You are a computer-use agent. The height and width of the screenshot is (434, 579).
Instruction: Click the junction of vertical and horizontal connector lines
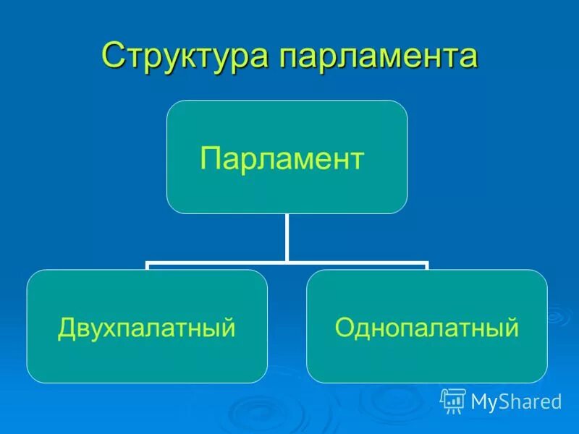coord(287,262)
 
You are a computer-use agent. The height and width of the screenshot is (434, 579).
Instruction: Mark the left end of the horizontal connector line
coord(148,264)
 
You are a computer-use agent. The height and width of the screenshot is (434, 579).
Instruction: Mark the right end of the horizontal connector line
coord(426,264)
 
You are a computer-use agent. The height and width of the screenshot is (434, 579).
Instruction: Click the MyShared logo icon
coord(453,400)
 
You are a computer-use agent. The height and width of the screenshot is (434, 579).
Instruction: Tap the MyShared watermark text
coord(516,401)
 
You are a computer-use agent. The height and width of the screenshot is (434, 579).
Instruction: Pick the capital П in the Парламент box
coord(209,158)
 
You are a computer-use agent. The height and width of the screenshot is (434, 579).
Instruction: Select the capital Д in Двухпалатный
coord(67,328)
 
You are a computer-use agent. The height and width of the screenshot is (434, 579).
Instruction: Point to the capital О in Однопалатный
coord(344,328)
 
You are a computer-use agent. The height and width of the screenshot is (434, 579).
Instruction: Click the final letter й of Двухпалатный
coord(229,328)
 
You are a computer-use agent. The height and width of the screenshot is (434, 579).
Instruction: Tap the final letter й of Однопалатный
coord(512,328)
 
